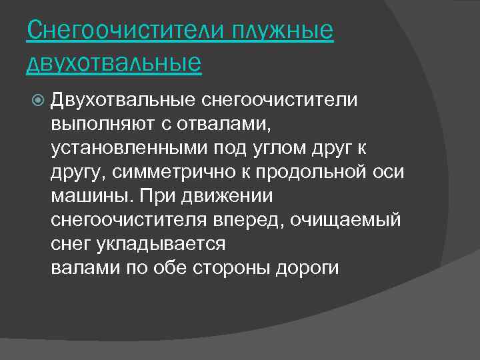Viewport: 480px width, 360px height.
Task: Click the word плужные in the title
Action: [x=283, y=31]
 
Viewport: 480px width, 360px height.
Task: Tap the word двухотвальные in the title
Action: [x=114, y=63]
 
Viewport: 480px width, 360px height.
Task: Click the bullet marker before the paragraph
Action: [x=38, y=101]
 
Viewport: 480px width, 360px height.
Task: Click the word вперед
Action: [x=255, y=219]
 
